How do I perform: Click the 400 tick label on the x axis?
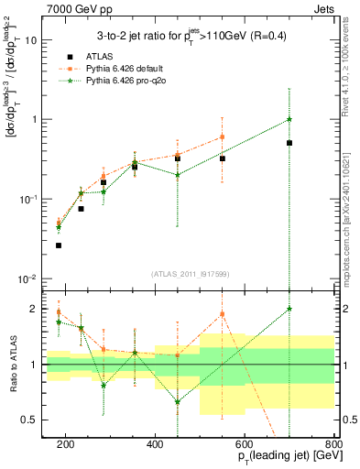[155, 445]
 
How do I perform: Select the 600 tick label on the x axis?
[245, 445]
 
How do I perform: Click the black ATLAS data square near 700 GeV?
[289, 143]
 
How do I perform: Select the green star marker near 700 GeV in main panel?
[289, 119]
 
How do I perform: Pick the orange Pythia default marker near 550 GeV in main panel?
[223, 137]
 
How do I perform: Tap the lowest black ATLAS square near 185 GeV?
[59, 245]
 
